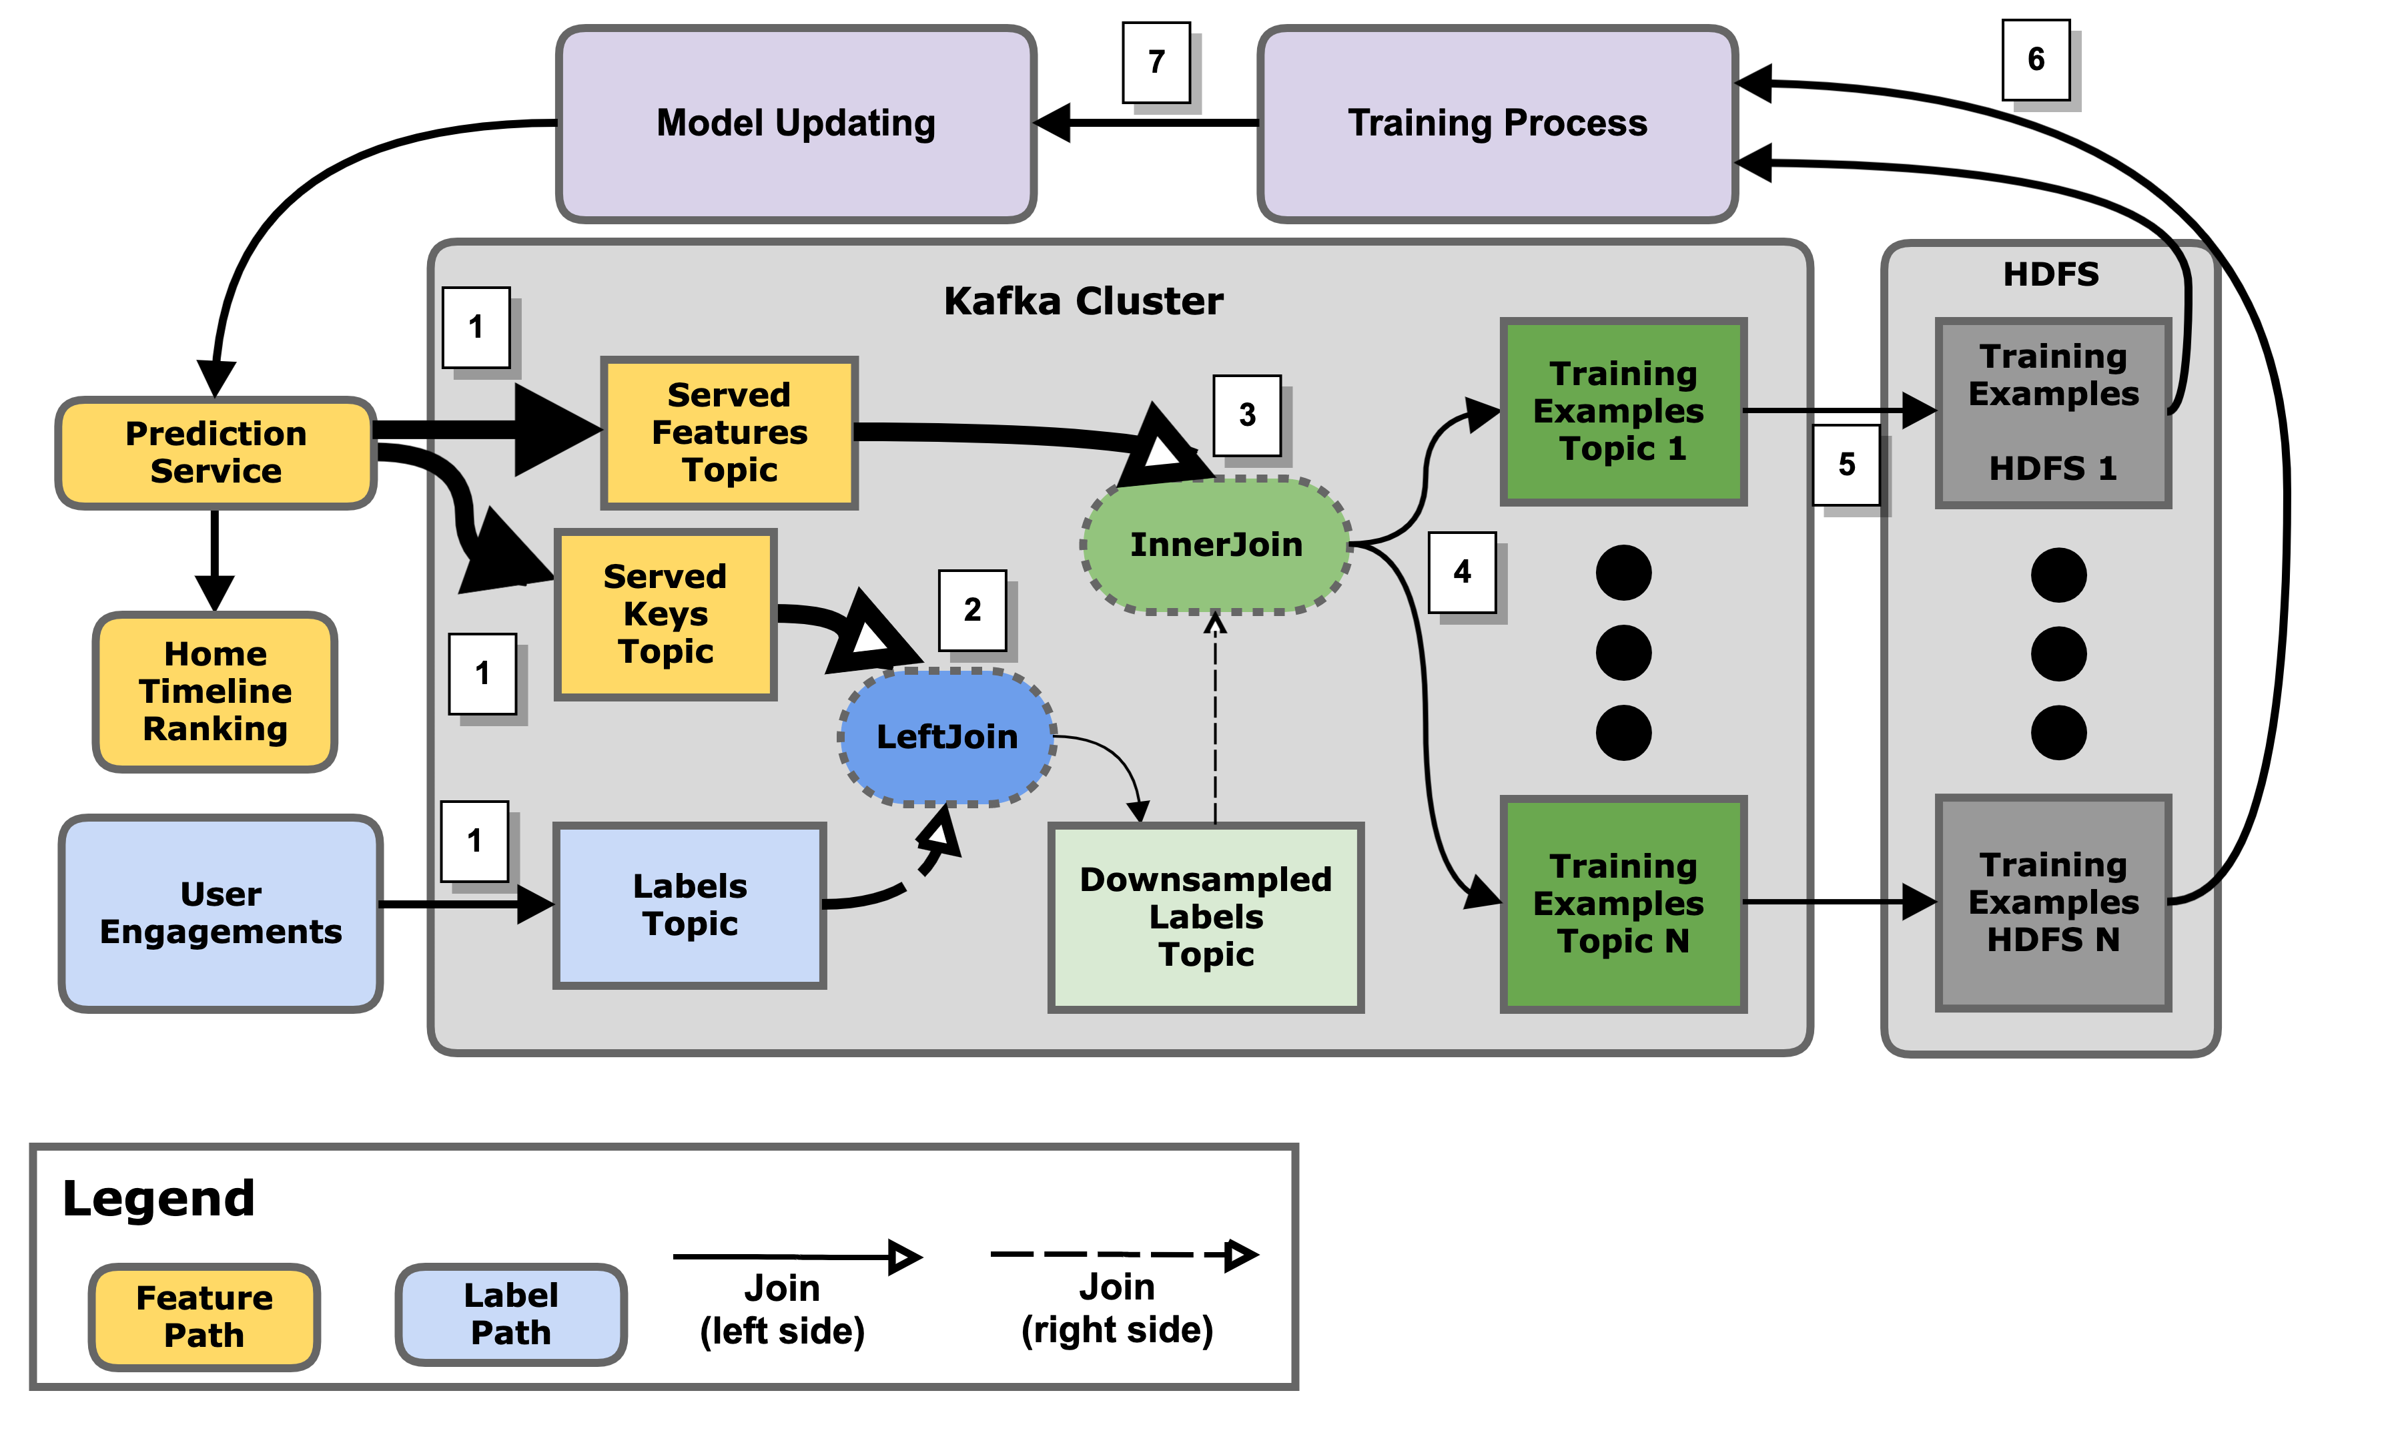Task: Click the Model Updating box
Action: (x=795, y=123)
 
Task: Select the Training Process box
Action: (x=1497, y=123)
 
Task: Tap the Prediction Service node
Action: (x=216, y=453)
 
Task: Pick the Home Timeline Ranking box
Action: (x=215, y=691)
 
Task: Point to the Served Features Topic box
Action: (x=729, y=432)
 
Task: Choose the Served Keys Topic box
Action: (x=665, y=614)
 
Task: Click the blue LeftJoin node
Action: (x=946, y=737)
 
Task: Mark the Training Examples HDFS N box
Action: (x=2052, y=902)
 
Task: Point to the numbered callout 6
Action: (x=2035, y=59)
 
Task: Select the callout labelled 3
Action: (x=1246, y=415)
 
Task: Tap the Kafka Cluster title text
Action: (x=1083, y=302)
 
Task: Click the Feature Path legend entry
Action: (x=204, y=1316)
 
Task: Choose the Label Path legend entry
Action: (x=510, y=1314)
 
